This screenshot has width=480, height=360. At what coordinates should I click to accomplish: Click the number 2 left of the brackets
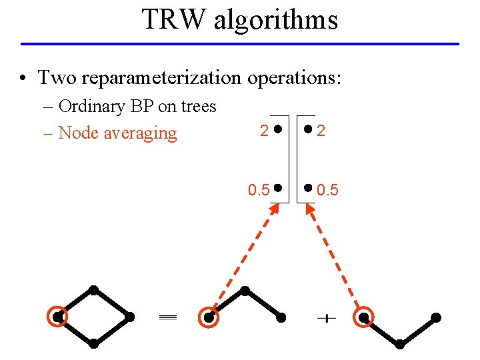[265, 131]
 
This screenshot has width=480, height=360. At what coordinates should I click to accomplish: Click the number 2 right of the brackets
[321, 131]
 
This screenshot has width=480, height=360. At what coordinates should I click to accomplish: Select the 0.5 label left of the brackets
[259, 191]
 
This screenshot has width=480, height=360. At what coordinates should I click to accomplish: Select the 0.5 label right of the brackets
[327, 191]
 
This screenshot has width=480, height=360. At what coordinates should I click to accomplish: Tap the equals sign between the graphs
[167, 319]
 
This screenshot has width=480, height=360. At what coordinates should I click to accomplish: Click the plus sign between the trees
[326, 319]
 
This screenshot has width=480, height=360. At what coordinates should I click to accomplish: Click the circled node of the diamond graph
[58, 317]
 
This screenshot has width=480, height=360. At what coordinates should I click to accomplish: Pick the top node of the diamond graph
[94, 290]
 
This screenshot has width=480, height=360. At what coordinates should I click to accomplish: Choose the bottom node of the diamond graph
[94, 343]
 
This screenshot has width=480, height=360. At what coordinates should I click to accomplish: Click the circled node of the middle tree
[209, 318]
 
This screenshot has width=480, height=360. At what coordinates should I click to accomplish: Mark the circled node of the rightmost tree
[364, 317]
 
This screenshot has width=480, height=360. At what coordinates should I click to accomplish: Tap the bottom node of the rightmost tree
[400, 344]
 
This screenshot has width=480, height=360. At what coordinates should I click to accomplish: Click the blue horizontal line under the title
[240, 44]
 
